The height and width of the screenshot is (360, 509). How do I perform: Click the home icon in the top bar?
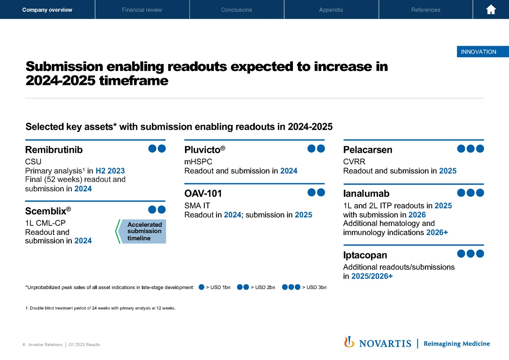491,10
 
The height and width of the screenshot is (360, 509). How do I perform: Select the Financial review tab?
142,10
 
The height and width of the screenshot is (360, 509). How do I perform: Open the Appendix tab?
331,10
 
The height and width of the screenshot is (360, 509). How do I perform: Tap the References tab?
425,10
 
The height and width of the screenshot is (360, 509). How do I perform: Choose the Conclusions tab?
237,10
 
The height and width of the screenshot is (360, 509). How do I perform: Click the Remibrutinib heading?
54,150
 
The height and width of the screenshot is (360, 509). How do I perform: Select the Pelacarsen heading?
368,150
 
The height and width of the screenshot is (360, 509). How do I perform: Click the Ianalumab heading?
366,193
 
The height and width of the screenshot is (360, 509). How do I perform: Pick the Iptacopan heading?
365,255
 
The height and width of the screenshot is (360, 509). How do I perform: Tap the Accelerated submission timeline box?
144,231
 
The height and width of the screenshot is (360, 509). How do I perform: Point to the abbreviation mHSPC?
198,162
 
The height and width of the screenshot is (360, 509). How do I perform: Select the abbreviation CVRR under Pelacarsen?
354,162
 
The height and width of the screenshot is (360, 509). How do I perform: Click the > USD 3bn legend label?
314,287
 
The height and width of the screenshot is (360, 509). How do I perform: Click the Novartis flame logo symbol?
349,342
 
